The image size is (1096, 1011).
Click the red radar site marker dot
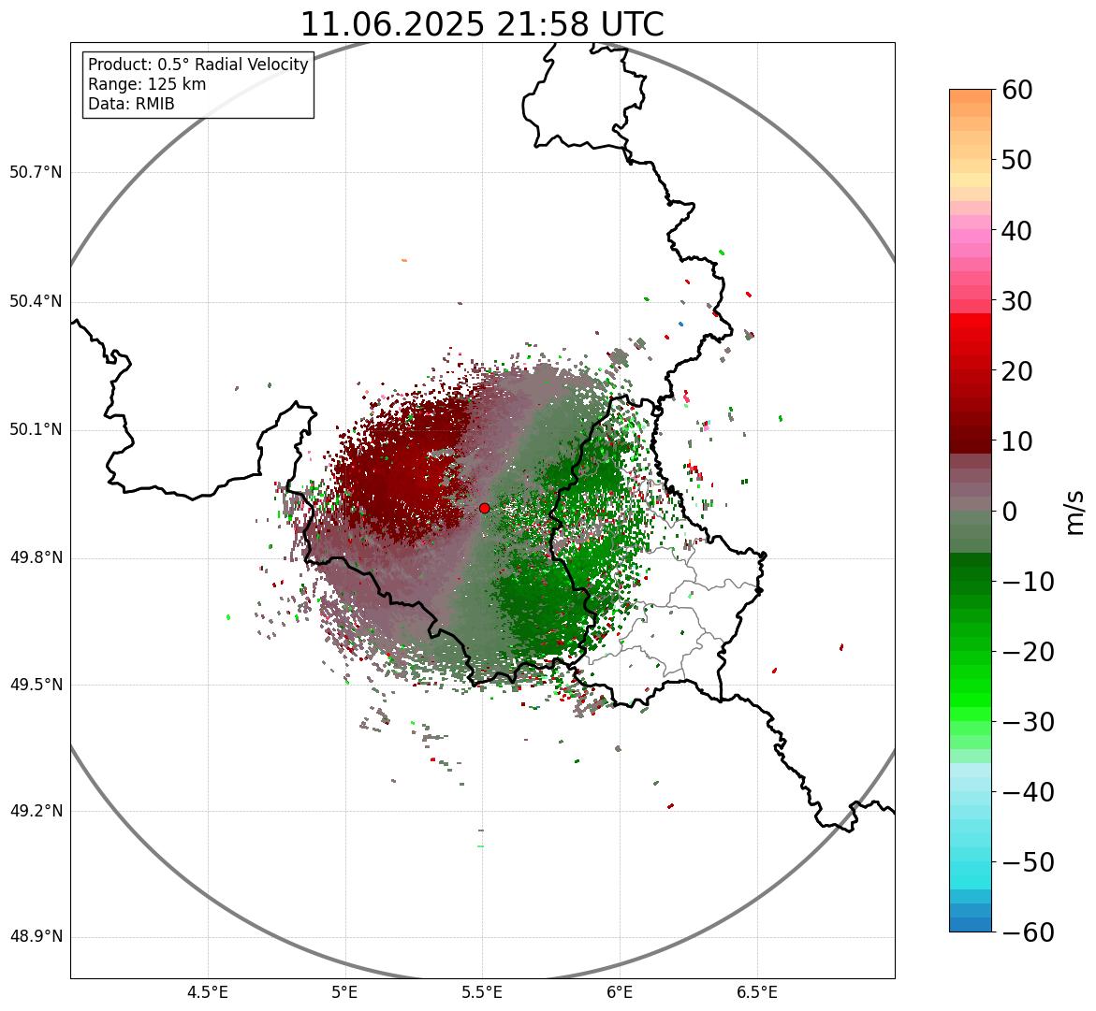click(x=484, y=508)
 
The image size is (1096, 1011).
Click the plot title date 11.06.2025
click(x=392, y=24)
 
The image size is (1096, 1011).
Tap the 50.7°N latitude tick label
click(x=36, y=173)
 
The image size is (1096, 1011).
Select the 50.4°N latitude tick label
click(x=36, y=302)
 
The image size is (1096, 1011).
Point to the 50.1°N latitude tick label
click(x=36, y=430)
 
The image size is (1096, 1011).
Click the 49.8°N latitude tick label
click(x=36, y=558)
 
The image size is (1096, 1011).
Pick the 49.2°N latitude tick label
click(x=36, y=811)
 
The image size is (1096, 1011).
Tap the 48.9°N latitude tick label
click(x=36, y=937)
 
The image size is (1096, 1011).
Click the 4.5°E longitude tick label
click(x=208, y=991)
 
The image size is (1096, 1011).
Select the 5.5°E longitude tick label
click(x=482, y=991)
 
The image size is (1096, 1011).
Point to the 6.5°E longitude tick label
click(x=756, y=991)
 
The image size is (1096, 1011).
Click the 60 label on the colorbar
click(x=1016, y=90)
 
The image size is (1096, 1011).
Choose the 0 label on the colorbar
click(x=1009, y=512)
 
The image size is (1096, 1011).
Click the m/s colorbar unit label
click(x=1074, y=512)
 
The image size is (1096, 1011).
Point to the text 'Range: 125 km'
click(x=147, y=84)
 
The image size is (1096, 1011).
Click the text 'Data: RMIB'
click(x=131, y=104)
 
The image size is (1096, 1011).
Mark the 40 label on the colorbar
click(x=1016, y=230)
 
